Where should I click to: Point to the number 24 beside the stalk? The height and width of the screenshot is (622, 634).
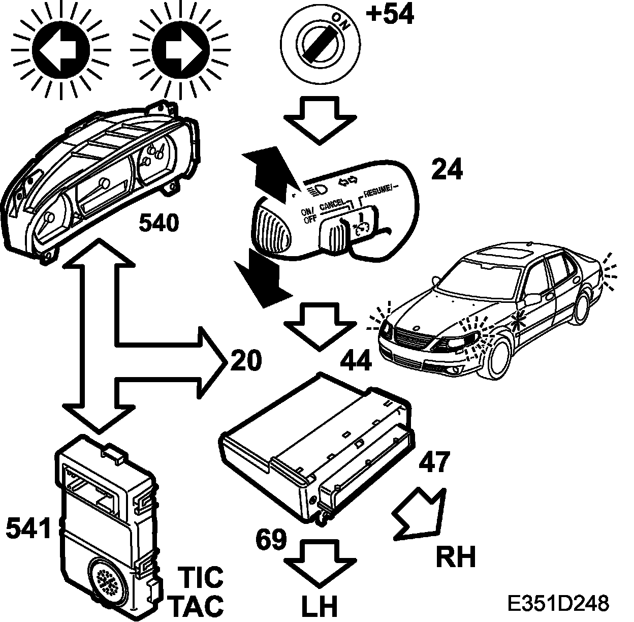coord(447,170)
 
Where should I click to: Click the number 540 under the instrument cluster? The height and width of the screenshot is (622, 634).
coord(158,223)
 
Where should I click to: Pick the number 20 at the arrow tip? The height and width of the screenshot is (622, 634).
coord(246,360)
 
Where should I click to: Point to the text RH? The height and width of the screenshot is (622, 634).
coord(456,556)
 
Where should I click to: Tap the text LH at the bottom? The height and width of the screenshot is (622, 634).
coord(320,606)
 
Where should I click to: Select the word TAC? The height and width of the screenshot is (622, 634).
coord(196,605)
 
